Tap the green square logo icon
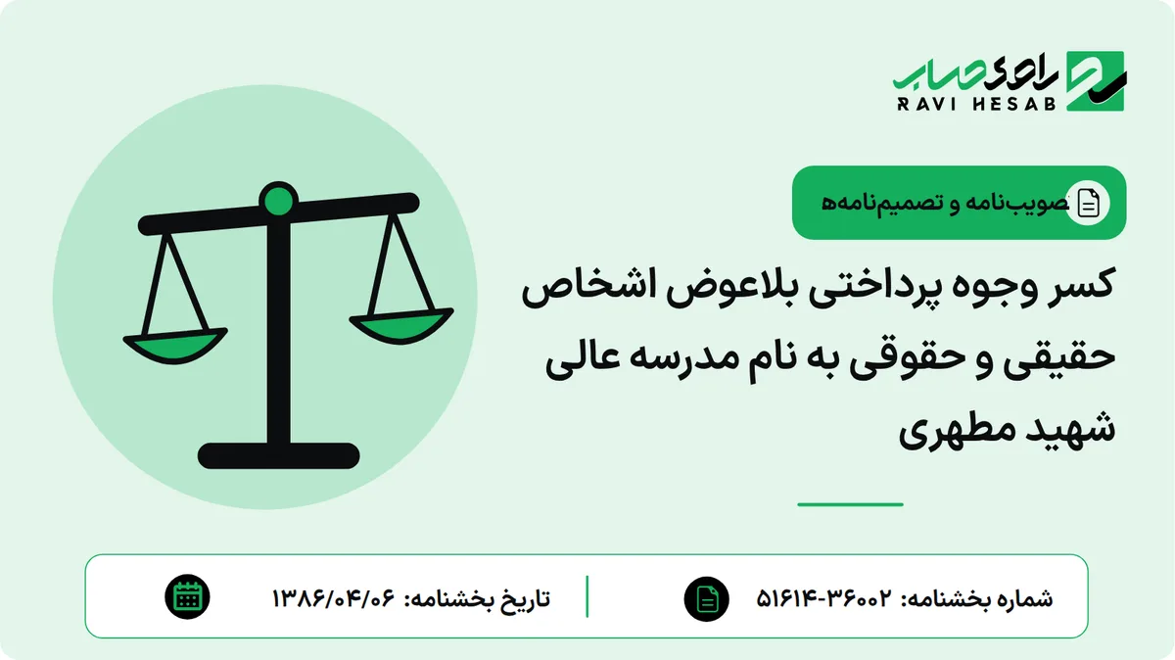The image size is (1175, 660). click(x=1096, y=81)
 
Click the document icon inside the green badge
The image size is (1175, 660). click(x=1088, y=203)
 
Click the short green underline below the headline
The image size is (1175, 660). click(x=850, y=504)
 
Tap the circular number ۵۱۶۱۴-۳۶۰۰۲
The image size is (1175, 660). click(x=823, y=598)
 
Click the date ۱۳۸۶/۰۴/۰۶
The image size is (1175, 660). click(x=333, y=598)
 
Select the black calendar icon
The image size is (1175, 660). click(x=187, y=597)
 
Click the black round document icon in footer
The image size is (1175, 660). click(x=706, y=599)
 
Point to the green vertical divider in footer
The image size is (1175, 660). click(x=587, y=596)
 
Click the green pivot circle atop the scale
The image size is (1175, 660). click(x=278, y=201)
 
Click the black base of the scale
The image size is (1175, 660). click(x=278, y=455)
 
